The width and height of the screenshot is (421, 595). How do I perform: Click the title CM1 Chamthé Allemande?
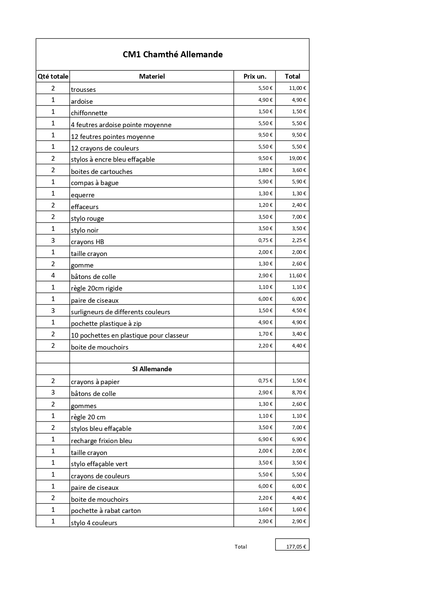tap(172, 55)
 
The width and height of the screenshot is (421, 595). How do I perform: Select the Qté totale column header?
tap(53, 76)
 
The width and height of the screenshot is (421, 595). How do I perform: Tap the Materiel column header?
tap(152, 76)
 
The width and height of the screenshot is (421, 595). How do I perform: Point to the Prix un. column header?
tap(255, 76)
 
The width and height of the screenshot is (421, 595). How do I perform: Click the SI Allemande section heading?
tap(152, 369)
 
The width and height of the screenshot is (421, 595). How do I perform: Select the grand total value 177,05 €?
tap(296, 547)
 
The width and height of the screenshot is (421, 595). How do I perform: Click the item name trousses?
tap(83, 90)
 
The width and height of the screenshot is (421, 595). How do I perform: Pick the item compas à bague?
tap(95, 183)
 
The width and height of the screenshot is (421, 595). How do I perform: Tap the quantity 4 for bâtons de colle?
tap(53, 275)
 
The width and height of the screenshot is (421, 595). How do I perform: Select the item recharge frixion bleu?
tap(101, 441)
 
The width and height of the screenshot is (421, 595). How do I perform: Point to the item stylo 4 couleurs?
tap(94, 523)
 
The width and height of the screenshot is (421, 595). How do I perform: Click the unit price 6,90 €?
tap(265, 439)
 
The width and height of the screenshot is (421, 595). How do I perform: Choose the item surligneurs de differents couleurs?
tap(120, 312)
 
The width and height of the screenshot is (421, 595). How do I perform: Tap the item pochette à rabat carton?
tap(106, 511)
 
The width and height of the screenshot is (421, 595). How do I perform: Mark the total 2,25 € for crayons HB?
tap(299, 240)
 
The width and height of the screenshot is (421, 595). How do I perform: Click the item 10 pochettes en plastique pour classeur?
tap(130, 335)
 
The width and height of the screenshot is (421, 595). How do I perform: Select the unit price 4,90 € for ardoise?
tap(265, 100)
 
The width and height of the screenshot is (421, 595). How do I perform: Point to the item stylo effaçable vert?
tap(99, 464)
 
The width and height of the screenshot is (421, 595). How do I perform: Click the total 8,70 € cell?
tap(299, 393)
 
